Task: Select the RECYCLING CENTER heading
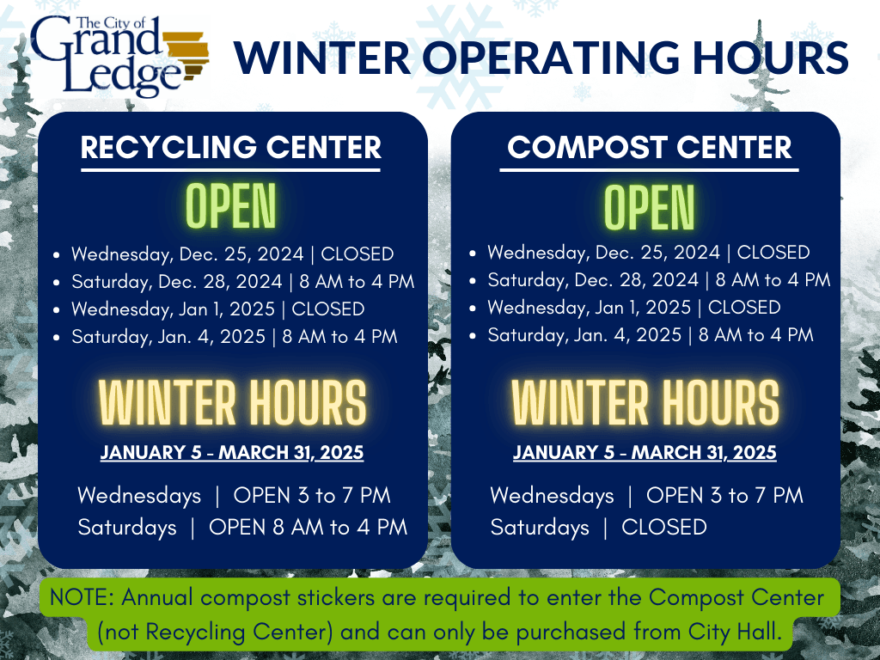click(231, 147)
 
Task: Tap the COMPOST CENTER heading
click(649, 147)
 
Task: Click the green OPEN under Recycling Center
click(231, 206)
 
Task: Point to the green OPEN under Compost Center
click(649, 206)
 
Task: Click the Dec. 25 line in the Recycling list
click(232, 254)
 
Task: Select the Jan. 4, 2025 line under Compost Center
click(650, 335)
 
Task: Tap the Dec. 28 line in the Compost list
click(658, 280)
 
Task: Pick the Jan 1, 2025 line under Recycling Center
click(217, 309)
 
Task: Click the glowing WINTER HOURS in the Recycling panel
click(232, 402)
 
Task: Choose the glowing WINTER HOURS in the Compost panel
click(645, 402)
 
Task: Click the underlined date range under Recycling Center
click(232, 452)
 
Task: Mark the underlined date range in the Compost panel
click(645, 452)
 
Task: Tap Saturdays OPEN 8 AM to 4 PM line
click(242, 527)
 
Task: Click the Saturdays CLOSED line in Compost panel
click(598, 527)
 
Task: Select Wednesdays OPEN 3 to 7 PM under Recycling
click(234, 496)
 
